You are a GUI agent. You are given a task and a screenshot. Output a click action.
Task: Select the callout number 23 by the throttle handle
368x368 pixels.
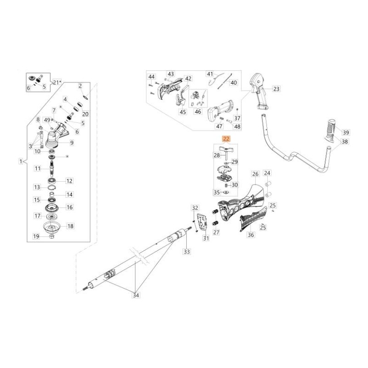pyautogui.click(x=276, y=88)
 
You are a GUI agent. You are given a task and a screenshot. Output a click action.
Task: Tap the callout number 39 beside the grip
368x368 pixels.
pyautogui.click(x=346, y=132)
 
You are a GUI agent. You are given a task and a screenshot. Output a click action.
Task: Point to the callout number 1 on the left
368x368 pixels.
pyautogui.click(x=21, y=161)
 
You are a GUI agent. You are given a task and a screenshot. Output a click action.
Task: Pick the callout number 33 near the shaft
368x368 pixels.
pyautogui.click(x=186, y=252)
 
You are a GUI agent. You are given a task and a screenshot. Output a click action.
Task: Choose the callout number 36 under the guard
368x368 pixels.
pyautogui.click(x=251, y=235)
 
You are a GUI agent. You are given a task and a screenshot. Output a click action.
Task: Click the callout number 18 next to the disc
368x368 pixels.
pyautogui.click(x=70, y=226)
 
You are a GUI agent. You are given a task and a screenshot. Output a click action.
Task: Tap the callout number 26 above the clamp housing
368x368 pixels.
pyautogui.click(x=255, y=174)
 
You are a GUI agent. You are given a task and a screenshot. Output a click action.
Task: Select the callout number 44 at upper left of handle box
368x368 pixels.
pyautogui.click(x=151, y=76)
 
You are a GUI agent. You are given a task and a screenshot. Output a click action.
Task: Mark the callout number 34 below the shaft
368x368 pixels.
pyautogui.click(x=135, y=295)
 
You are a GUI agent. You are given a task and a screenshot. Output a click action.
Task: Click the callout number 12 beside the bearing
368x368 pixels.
pyautogui.click(x=69, y=181)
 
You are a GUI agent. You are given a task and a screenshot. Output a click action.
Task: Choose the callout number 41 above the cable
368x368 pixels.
pyautogui.click(x=210, y=74)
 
